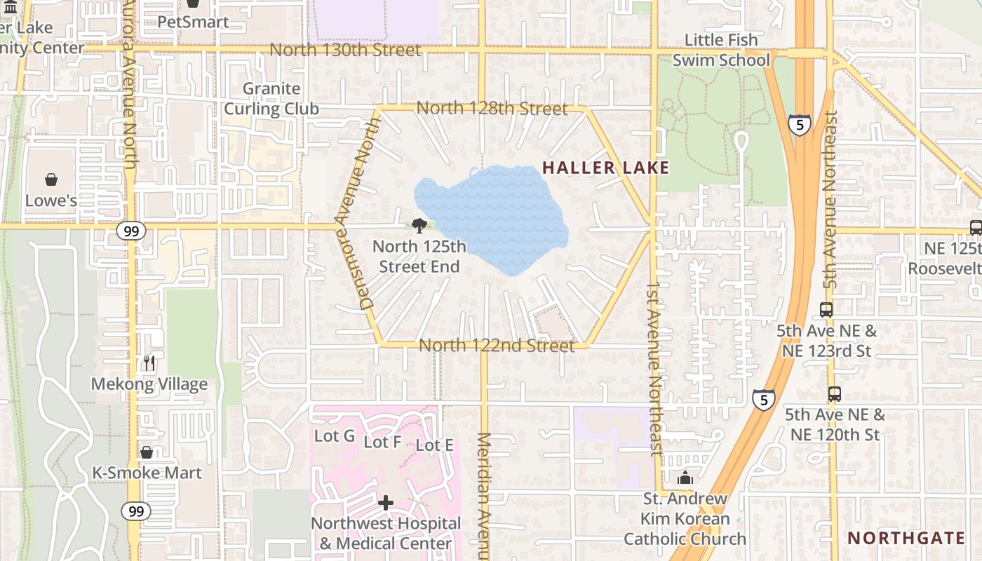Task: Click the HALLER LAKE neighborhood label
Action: coord(605,168)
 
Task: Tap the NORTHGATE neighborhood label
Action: coord(906,538)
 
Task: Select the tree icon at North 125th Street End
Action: coord(419,225)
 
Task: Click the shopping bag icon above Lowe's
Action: coord(51,180)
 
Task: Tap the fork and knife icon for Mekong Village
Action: coord(149,363)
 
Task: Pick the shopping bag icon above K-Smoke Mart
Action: coord(147,452)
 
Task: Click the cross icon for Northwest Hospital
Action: coord(386,503)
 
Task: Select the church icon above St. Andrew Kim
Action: coord(685,478)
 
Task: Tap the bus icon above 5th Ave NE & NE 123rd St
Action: coord(826,309)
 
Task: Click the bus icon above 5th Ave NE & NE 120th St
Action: coord(834,394)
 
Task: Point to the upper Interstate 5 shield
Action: coord(799,125)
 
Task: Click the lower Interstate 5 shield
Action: coord(763,400)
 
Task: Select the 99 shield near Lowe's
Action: coord(132,231)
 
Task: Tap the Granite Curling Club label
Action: coord(271,99)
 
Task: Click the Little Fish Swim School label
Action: coord(721,50)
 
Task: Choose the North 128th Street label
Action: coord(492,109)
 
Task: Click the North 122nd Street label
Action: coord(497,346)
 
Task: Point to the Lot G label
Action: coord(334,435)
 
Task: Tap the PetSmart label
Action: coord(193,22)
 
